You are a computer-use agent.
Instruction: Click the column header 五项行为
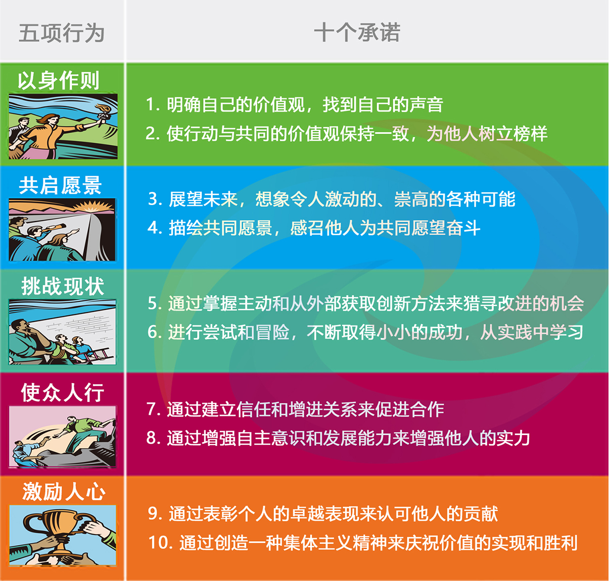point(62,33)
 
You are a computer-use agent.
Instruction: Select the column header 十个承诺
point(357,32)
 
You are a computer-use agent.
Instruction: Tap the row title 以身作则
point(59,80)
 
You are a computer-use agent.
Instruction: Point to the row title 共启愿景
point(61,185)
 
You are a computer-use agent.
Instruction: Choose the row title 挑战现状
point(62,286)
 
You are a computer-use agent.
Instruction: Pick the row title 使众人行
point(62,392)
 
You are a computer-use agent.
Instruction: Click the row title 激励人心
point(64,491)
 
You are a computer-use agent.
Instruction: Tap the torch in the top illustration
point(103,114)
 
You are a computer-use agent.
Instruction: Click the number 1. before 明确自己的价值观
point(153,104)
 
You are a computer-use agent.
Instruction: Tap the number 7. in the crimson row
point(154,409)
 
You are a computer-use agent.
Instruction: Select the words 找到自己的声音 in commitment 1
point(383,104)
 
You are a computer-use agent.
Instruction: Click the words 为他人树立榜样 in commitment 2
point(487,133)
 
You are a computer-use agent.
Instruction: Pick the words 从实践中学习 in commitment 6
point(531,332)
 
